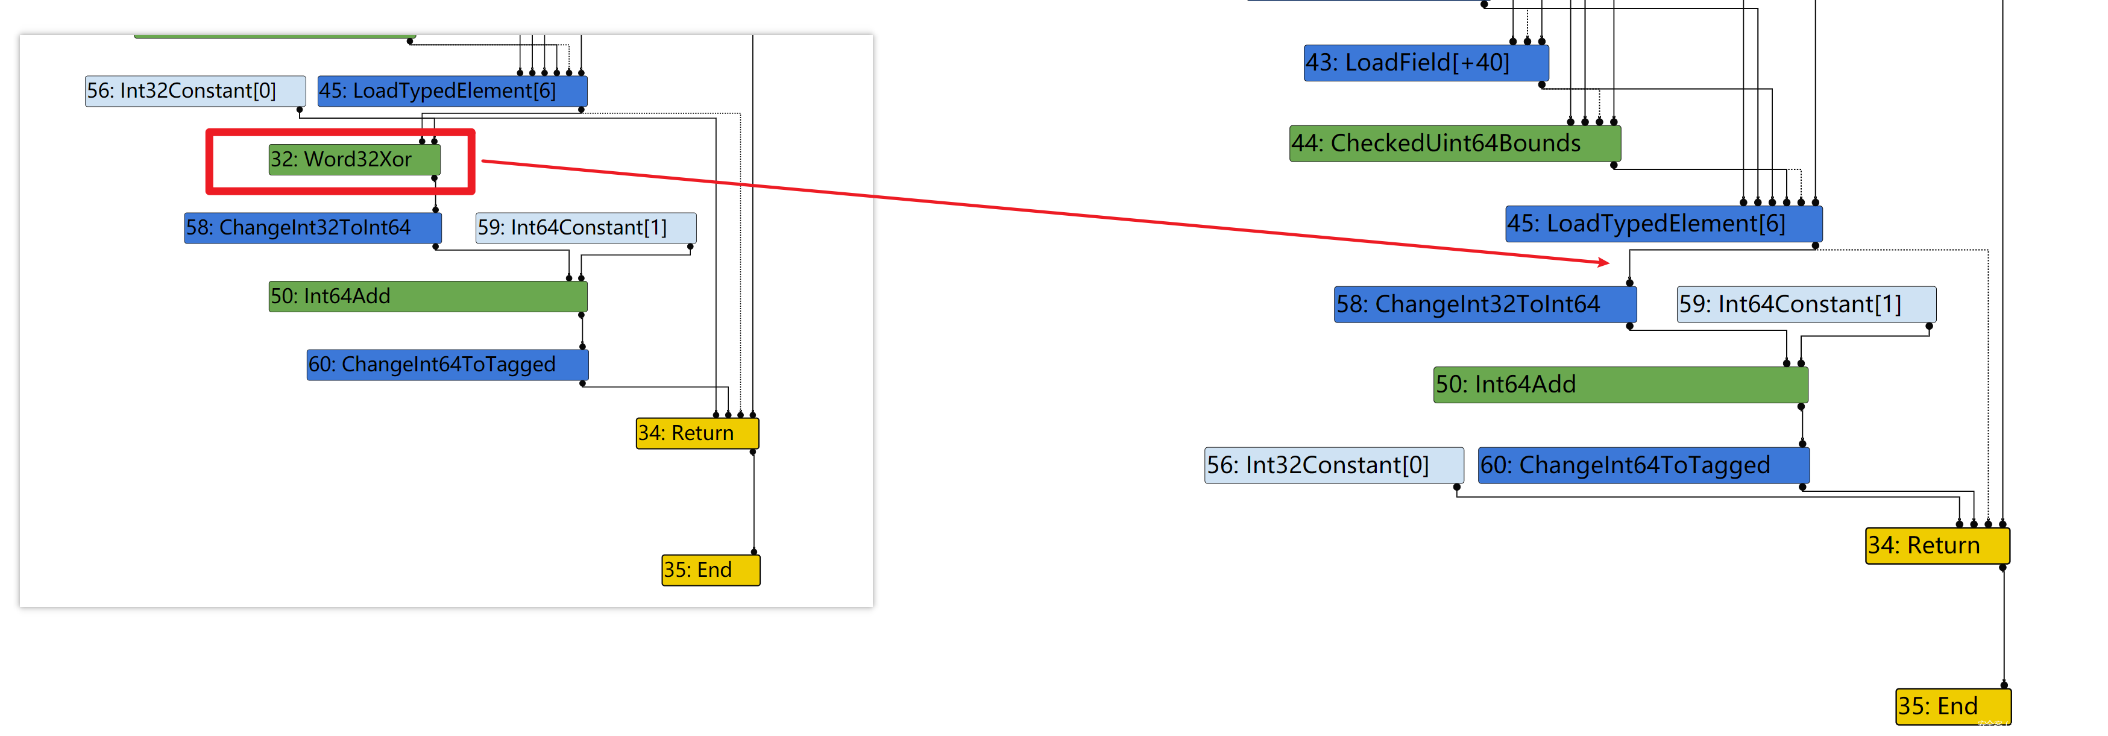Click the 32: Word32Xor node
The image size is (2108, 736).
354,159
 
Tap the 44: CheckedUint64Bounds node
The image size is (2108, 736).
1454,143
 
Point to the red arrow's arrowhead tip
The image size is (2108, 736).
1609,263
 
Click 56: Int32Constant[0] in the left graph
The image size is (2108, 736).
195,91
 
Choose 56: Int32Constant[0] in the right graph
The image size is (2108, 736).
1333,465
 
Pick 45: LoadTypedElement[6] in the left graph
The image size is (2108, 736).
451,91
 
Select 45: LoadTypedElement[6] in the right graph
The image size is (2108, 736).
1663,224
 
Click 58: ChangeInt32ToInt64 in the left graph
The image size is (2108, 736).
313,228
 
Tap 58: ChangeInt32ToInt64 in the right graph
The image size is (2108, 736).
1485,304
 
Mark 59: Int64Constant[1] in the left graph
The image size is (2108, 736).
586,228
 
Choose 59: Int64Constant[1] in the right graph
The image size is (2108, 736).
1805,304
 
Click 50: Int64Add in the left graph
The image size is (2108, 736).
427,297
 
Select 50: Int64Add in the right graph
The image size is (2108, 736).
1620,385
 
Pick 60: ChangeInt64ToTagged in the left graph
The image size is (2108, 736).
447,364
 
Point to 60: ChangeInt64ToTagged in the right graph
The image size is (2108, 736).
1643,465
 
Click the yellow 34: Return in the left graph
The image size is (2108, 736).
697,433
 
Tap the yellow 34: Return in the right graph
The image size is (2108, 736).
1937,546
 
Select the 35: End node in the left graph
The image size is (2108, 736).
710,570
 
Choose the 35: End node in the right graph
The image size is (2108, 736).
1952,706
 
